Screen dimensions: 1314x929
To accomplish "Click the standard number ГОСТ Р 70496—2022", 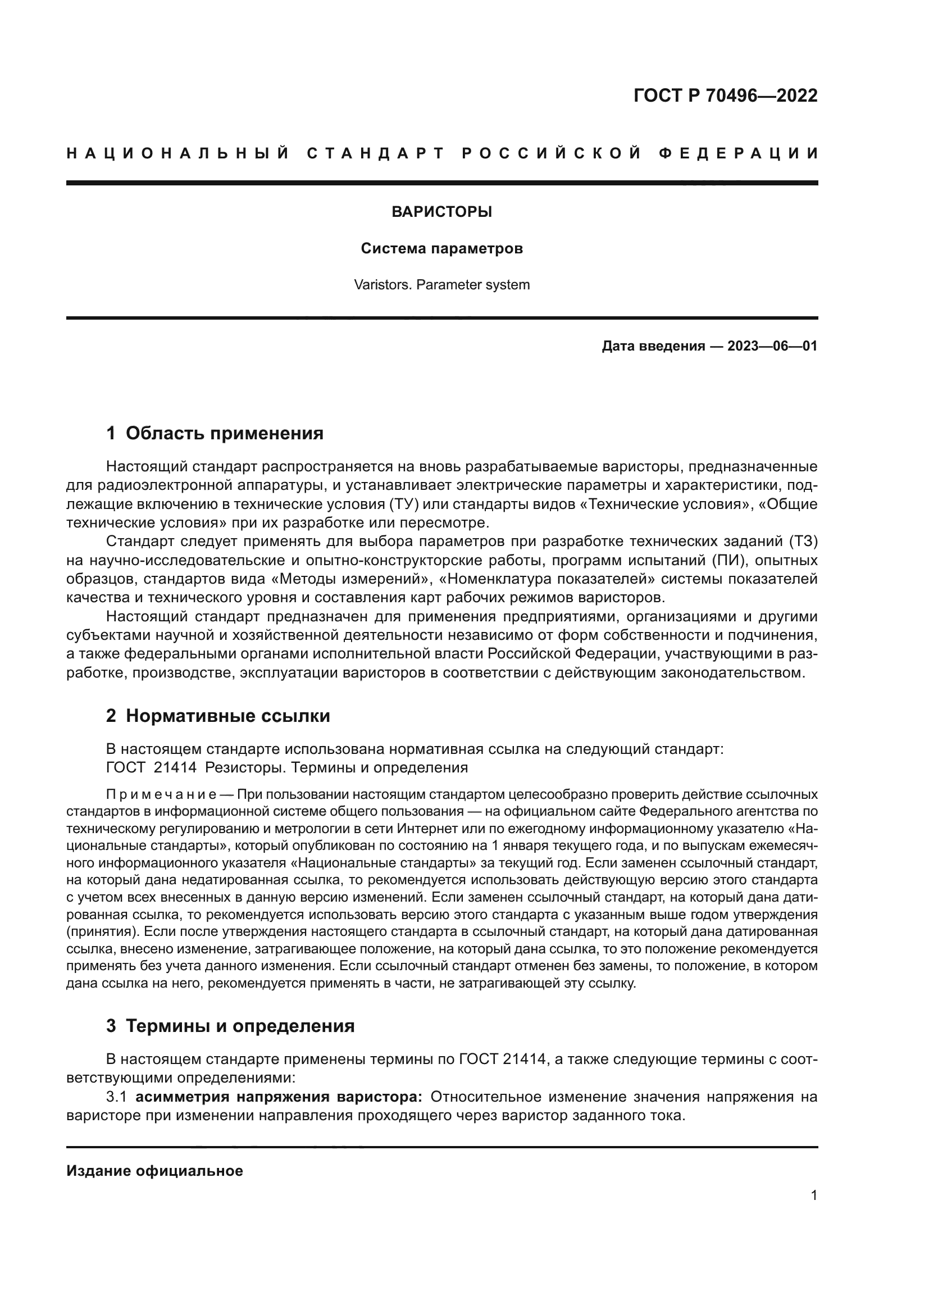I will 725,96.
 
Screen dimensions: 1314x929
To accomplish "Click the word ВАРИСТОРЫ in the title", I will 441,212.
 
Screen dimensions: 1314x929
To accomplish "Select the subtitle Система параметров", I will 441,249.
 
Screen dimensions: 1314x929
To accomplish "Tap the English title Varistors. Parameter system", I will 441,285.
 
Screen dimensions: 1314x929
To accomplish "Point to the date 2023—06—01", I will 772,346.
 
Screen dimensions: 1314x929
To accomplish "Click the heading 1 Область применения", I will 215,433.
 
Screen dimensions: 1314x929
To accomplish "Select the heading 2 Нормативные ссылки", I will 218,716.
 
